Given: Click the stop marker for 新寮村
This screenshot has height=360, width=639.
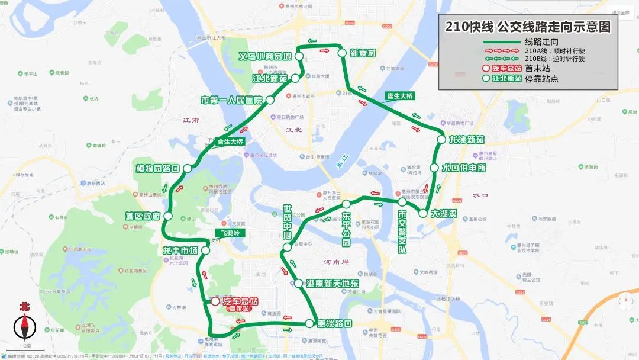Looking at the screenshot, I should [342, 53].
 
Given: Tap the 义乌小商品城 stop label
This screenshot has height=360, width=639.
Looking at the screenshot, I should [265, 56].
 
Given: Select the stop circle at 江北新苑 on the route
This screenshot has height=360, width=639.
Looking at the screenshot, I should [294, 78].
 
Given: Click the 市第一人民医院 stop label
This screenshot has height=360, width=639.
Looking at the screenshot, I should [231, 100].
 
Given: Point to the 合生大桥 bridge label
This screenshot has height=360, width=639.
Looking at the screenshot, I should [230, 141].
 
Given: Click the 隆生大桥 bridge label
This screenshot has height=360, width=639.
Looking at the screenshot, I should [400, 95].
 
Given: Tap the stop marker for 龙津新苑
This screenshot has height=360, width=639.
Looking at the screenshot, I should [441, 140].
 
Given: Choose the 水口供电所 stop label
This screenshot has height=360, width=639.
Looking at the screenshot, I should [464, 168].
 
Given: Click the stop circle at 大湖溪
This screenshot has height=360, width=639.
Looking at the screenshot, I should [423, 213].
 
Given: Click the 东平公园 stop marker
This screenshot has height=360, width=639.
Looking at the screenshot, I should [346, 204].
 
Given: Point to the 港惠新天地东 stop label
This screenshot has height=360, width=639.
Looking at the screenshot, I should [333, 284].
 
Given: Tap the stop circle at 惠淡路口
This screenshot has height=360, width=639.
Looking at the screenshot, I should [309, 323].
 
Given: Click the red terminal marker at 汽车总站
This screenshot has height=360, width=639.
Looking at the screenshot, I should [215, 301].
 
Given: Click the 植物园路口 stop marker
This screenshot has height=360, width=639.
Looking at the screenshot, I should [187, 168].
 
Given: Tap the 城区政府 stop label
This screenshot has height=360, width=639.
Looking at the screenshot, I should [143, 216].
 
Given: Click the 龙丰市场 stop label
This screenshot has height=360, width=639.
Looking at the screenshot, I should [180, 251].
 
